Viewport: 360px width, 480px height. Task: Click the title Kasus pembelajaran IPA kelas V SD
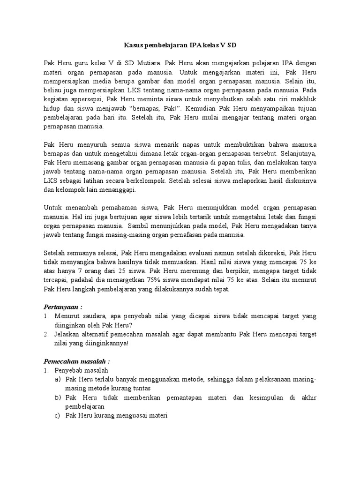tap(180, 45)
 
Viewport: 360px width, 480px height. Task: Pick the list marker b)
tap(58, 397)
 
